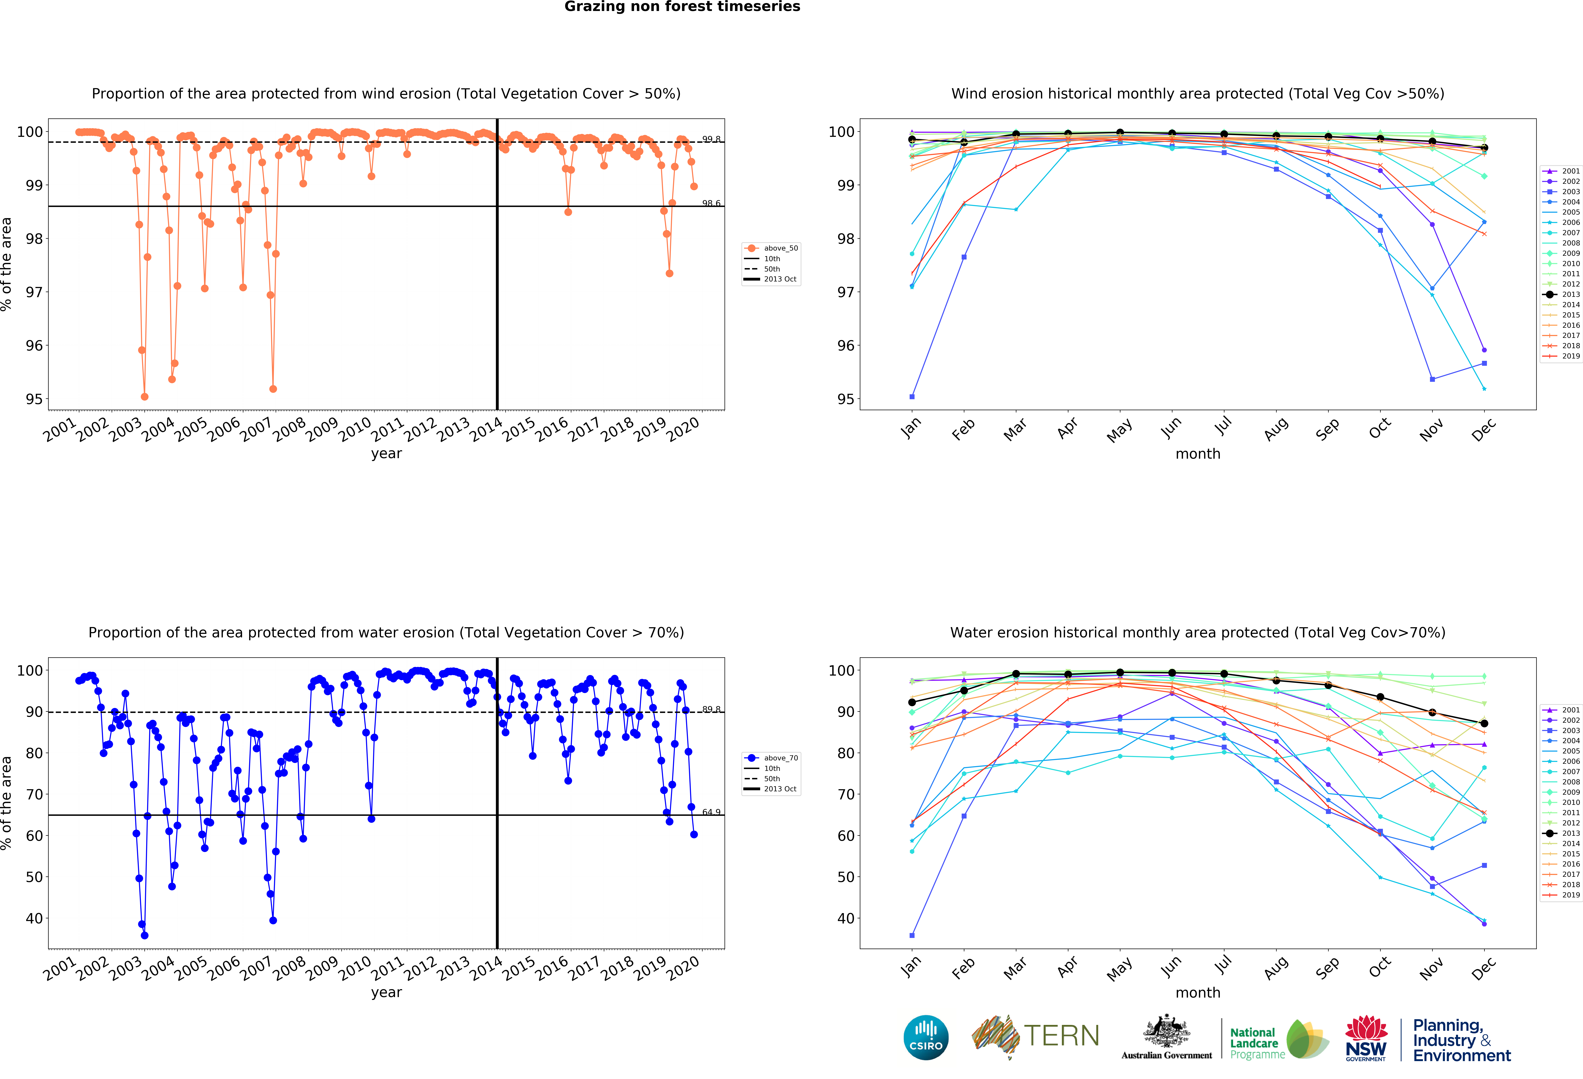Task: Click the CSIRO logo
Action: coord(926,1037)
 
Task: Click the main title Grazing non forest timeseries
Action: coord(682,7)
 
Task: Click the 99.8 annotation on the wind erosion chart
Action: coord(711,139)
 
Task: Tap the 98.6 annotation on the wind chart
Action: coord(711,203)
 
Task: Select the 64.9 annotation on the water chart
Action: coord(711,812)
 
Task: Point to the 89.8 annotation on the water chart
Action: coord(711,709)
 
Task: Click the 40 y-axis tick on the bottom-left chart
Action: coord(34,918)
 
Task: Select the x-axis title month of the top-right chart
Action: coord(1197,454)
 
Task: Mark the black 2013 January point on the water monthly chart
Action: coord(912,702)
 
